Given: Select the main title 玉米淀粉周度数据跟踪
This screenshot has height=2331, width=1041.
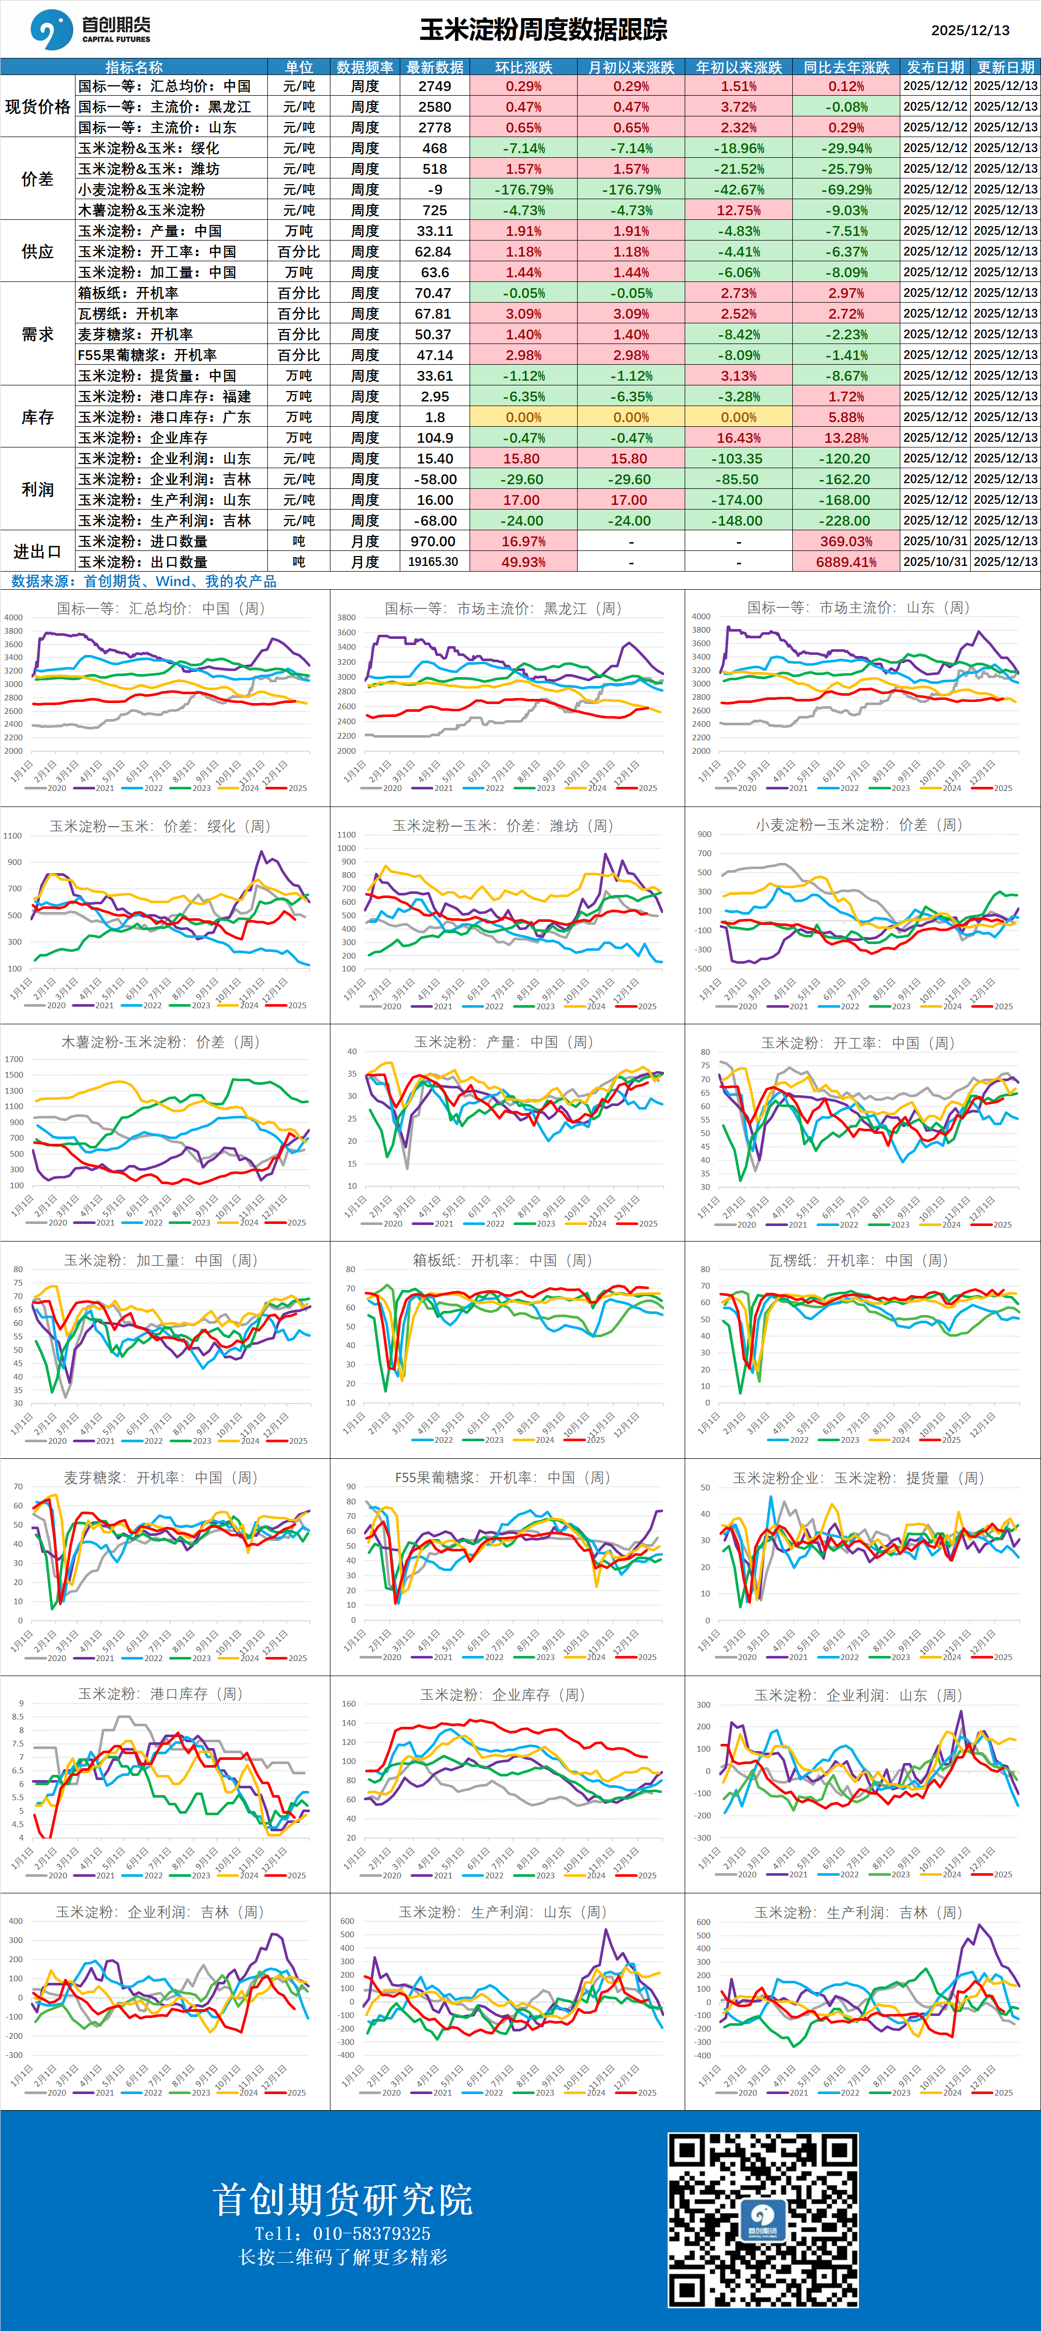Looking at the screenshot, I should pyautogui.click(x=542, y=30).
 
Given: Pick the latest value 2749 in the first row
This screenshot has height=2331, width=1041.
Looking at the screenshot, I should pyautogui.click(x=435, y=86).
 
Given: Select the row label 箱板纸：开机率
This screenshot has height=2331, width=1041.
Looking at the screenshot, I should pyautogui.click(x=128, y=293).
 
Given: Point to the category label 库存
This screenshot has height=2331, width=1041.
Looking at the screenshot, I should pyautogui.click(x=37, y=417).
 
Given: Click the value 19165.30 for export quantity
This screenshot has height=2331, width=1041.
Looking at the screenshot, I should pyautogui.click(x=433, y=562).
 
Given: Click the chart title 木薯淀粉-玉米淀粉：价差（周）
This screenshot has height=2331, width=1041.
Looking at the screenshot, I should pyautogui.click(x=161, y=1042).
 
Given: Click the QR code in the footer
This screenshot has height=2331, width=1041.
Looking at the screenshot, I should pyautogui.click(x=762, y=2220).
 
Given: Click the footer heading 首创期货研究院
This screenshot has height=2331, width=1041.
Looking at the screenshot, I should pyautogui.click(x=343, y=2200).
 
